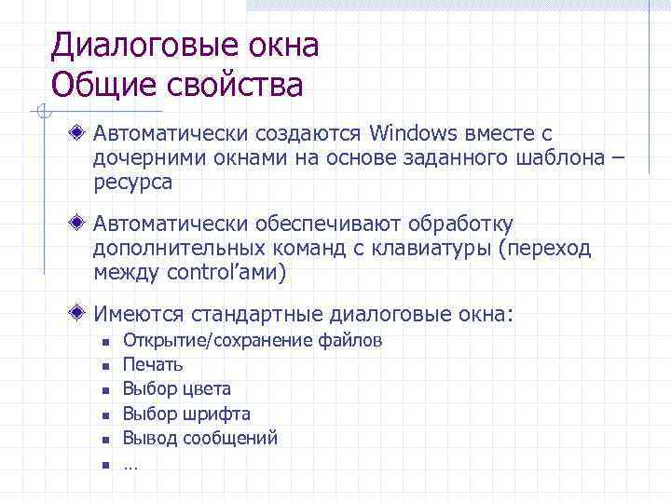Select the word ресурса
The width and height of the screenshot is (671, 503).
(132, 184)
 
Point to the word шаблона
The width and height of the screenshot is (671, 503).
(558, 159)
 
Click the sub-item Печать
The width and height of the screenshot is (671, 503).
(153, 364)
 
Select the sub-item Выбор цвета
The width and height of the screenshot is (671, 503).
(177, 388)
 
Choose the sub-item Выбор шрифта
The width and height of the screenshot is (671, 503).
(186, 414)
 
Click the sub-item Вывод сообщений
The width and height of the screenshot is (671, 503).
(200, 438)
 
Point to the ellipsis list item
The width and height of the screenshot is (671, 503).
(130, 463)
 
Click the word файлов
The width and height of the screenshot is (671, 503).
(350, 340)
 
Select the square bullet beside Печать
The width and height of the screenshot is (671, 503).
(106, 366)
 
